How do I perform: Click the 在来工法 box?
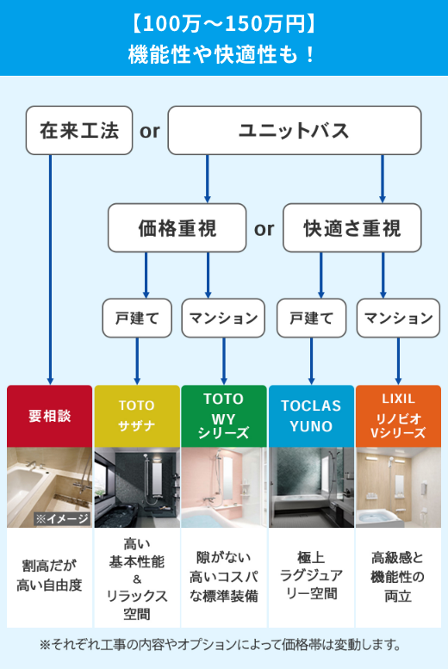pyautogui.click(x=79, y=130)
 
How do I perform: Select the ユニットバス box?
pyautogui.click(x=294, y=130)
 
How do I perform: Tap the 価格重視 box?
pyautogui.click(x=177, y=228)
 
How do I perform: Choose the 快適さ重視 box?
pyautogui.click(x=352, y=228)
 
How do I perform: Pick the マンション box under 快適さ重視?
pyautogui.click(x=398, y=318)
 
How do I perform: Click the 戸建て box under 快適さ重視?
pyautogui.click(x=311, y=318)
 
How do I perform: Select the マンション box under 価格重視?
pyautogui.click(x=224, y=318)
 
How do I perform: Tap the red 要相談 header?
pyautogui.click(x=49, y=416)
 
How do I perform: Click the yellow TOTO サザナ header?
pyautogui.click(x=136, y=416)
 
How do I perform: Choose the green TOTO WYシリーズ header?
pyautogui.click(x=223, y=416)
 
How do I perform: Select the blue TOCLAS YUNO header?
pyautogui.click(x=311, y=416)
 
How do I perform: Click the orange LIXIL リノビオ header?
pyautogui.click(x=398, y=416)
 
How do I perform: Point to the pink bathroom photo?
pyautogui.click(x=223, y=487)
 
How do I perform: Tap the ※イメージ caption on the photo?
pyautogui.click(x=61, y=518)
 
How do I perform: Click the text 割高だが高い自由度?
pyautogui.click(x=49, y=576)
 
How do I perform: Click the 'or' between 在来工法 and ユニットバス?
pyautogui.click(x=150, y=131)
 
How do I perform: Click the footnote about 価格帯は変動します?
pyautogui.click(x=224, y=644)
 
